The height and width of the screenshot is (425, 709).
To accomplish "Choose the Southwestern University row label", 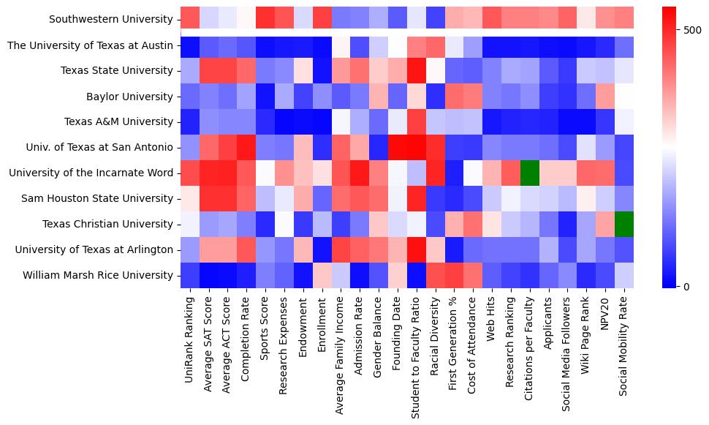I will (115, 20).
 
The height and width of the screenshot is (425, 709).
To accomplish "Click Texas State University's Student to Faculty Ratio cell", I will (416, 71).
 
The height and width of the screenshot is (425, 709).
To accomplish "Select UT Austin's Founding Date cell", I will (397, 45).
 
